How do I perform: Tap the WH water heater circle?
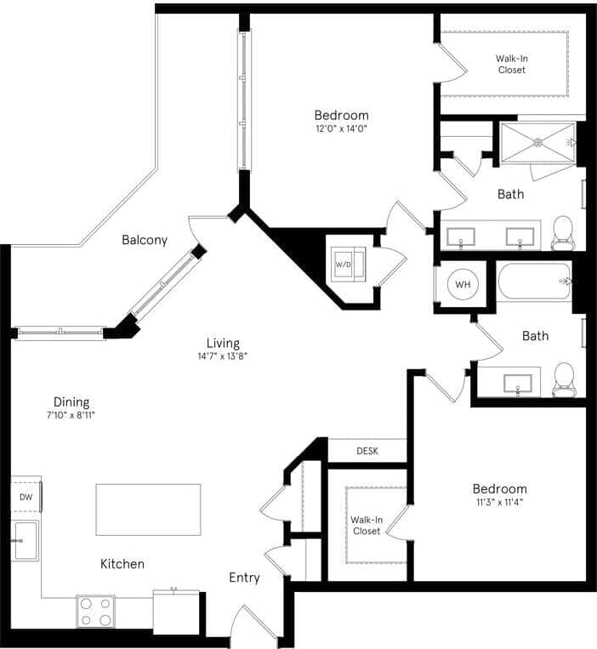click(x=463, y=284)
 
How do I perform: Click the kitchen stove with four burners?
click(x=95, y=610)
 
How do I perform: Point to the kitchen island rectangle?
click(x=148, y=510)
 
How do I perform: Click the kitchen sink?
click(x=26, y=540)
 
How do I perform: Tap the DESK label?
click(x=367, y=451)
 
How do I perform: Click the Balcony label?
click(x=144, y=240)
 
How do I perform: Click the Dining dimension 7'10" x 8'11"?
click(x=71, y=416)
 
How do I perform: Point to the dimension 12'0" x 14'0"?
click(x=341, y=129)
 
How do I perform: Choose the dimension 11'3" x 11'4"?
click(x=499, y=502)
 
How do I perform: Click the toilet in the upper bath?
click(x=562, y=231)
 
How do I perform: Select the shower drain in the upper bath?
click(x=537, y=142)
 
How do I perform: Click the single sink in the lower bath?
click(x=517, y=383)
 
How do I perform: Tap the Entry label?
click(x=244, y=578)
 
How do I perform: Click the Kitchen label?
click(x=122, y=563)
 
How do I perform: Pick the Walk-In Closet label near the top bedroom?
click(x=511, y=64)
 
